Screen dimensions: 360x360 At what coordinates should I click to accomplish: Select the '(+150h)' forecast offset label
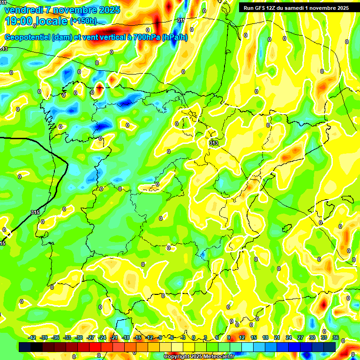(83, 21)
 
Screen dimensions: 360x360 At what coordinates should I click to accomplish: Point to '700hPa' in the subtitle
(147, 37)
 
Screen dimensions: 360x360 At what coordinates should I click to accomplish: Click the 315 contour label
(35, 212)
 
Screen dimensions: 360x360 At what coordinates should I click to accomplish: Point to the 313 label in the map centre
(214, 143)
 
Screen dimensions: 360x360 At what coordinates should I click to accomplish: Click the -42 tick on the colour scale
(32, 337)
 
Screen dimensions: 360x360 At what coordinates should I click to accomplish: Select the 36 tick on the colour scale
(335, 337)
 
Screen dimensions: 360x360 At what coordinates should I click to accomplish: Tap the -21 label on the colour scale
(114, 337)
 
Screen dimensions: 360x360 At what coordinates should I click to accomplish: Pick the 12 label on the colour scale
(242, 337)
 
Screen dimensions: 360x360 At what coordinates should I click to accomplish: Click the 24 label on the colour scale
(289, 337)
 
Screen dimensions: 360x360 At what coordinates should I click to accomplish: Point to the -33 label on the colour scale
(67, 337)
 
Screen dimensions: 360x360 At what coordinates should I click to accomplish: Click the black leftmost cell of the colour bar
(25, 347)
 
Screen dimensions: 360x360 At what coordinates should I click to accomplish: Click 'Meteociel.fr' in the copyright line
(218, 357)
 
